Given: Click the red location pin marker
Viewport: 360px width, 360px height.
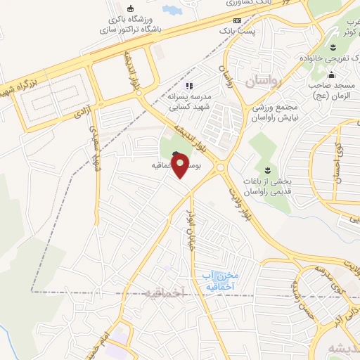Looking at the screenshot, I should (181, 165).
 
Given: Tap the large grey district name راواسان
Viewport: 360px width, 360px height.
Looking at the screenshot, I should (263, 83).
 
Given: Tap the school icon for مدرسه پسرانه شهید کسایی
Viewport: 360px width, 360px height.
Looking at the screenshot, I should (188, 86).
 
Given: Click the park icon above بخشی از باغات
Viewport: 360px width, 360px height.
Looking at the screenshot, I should (267, 171).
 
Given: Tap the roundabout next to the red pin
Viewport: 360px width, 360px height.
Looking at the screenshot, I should (221, 167).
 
